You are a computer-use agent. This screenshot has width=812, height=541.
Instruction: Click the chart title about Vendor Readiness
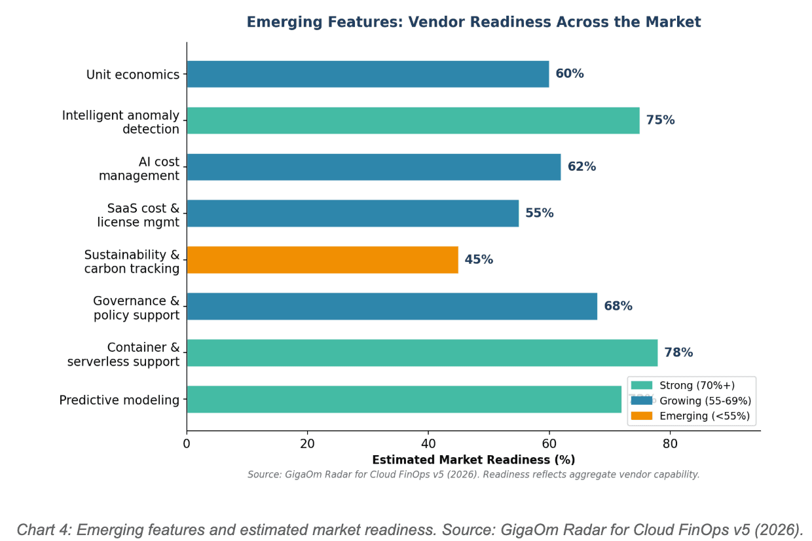pyautogui.click(x=473, y=22)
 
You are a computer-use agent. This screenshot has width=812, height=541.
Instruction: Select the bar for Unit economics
pyautogui.click(x=367, y=74)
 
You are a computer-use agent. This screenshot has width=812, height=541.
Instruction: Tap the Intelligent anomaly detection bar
pyautogui.click(x=413, y=121)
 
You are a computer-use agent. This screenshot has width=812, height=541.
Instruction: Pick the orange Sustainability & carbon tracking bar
pyautogui.click(x=322, y=260)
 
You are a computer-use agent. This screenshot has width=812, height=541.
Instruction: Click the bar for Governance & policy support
pyautogui.click(x=392, y=307)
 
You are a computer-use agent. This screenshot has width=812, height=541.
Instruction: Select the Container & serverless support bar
pyautogui.click(x=422, y=353)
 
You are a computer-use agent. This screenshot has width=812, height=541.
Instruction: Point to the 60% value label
pyautogui.click(x=570, y=74)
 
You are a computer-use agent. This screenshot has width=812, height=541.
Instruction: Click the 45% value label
pyautogui.click(x=479, y=260)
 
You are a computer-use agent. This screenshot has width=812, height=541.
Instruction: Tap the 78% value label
pyautogui.click(x=678, y=353)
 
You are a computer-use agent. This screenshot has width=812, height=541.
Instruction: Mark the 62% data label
pyautogui.click(x=581, y=167)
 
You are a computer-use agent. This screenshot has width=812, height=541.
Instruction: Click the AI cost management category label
pyautogui.click(x=139, y=168)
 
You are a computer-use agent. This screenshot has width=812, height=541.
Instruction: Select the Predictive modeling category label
pyautogui.click(x=119, y=400)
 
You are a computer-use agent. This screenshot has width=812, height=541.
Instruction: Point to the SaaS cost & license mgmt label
pyautogui.click(x=138, y=215)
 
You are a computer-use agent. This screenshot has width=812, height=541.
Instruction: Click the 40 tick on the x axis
pyautogui.click(x=428, y=444)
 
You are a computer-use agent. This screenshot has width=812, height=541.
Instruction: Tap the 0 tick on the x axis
pyautogui.click(x=187, y=444)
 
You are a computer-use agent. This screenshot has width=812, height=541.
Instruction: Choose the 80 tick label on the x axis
pyautogui.click(x=670, y=444)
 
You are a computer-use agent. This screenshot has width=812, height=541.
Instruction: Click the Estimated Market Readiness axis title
pyautogui.click(x=473, y=460)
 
